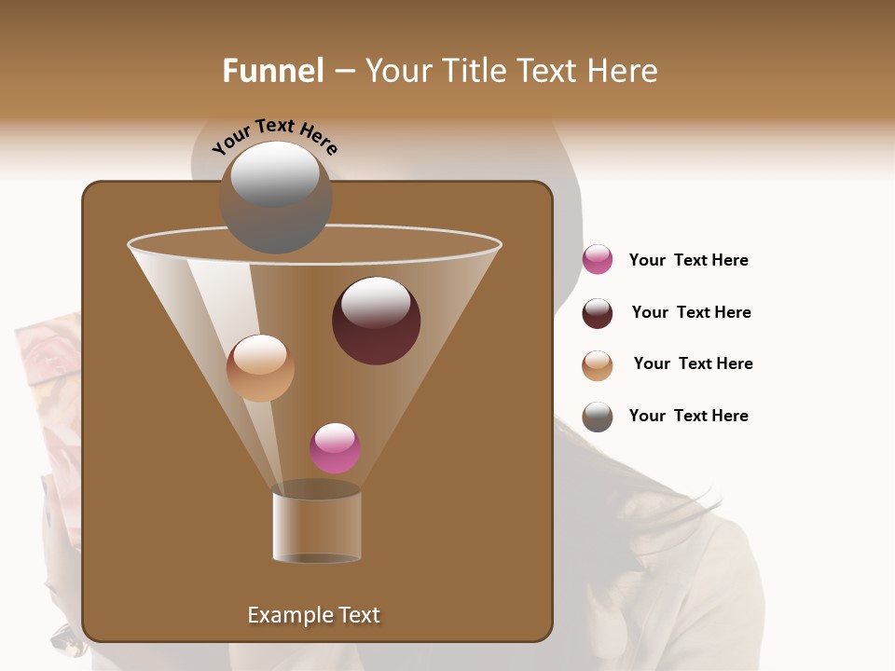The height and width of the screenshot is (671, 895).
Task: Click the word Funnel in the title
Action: point(272,71)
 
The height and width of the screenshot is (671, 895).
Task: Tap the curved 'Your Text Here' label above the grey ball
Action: point(275,135)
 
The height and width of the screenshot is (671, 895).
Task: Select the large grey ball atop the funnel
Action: point(276,198)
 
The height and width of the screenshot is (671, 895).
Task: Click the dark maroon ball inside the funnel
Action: point(376,322)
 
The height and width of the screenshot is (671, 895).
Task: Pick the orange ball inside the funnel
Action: point(260,368)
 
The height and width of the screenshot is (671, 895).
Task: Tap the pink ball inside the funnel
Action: point(335,448)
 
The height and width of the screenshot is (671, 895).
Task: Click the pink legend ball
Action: point(598,260)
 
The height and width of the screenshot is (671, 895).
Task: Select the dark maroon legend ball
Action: point(598,313)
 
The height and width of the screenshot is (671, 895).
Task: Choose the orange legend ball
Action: point(598,365)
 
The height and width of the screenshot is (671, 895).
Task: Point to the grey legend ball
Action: point(598,417)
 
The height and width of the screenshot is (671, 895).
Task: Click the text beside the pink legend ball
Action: point(688,260)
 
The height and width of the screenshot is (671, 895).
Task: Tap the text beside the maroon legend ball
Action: point(691,312)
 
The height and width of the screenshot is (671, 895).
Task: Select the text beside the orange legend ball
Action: point(693,363)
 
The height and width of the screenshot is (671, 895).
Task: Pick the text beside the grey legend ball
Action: point(688,416)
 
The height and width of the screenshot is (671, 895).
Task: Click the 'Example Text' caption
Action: point(313,615)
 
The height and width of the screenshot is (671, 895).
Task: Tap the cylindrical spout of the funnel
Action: point(316,527)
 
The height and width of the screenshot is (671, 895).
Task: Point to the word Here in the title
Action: point(622,71)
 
